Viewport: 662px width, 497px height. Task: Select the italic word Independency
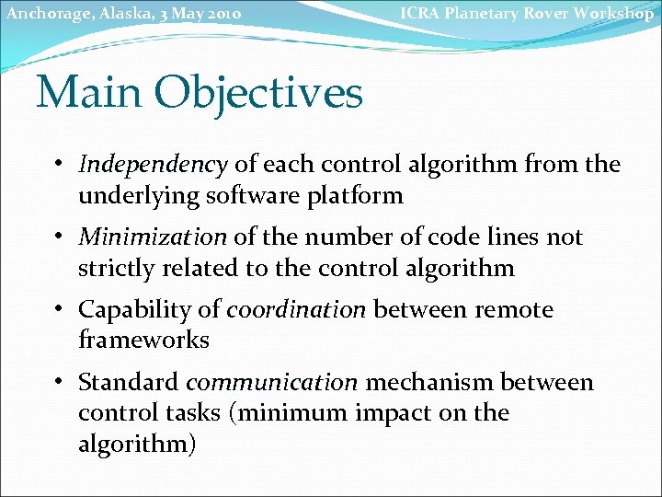153,166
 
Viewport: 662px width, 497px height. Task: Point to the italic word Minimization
153,237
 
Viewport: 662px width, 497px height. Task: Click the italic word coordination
296,310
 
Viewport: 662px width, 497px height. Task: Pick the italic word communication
271,382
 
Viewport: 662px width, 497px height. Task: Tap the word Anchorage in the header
42,14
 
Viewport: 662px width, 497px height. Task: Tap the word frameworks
143,341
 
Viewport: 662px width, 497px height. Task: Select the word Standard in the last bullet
129,382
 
